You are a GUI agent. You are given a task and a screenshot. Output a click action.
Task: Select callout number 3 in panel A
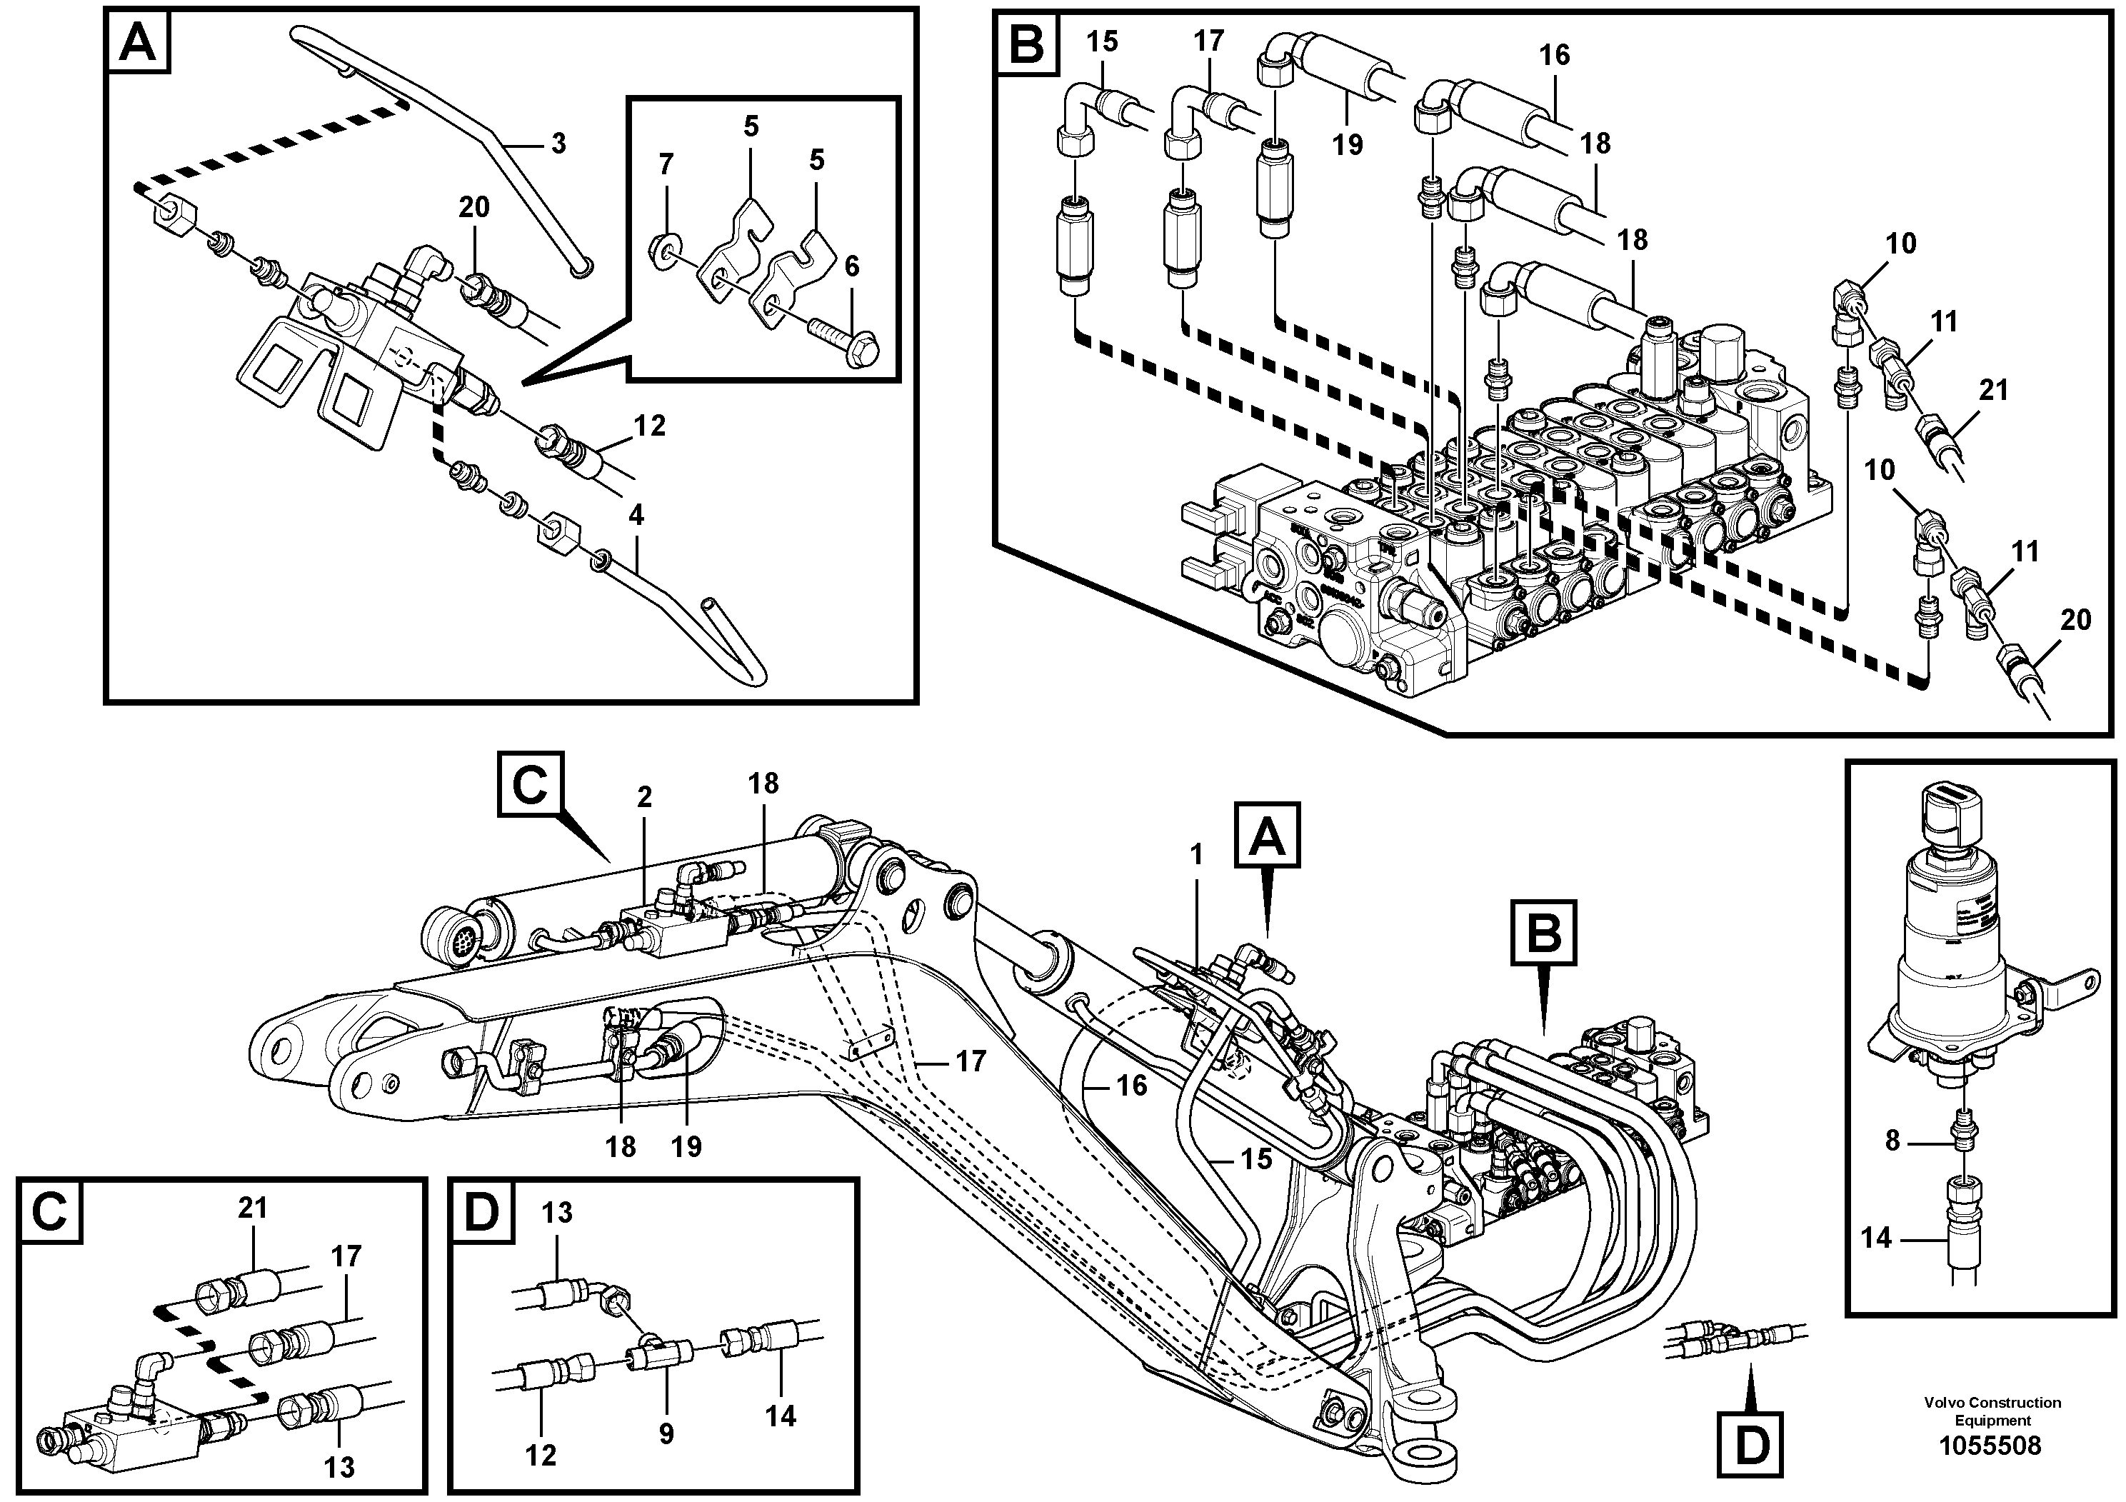(558, 144)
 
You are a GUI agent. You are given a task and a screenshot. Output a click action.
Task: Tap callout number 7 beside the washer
(666, 166)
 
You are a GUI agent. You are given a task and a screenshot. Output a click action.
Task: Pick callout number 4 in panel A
(636, 516)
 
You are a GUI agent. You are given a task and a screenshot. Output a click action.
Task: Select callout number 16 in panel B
(1555, 56)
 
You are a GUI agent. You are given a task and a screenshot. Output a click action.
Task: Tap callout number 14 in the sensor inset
(1877, 1238)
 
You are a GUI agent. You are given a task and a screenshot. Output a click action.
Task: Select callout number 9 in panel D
(667, 1434)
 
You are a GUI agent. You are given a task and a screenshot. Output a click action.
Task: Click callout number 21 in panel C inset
(252, 1208)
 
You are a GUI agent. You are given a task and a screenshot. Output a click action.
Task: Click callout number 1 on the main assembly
(1196, 855)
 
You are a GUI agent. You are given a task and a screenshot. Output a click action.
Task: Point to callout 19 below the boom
(687, 1146)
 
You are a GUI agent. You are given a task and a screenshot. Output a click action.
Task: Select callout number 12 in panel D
(541, 1456)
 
